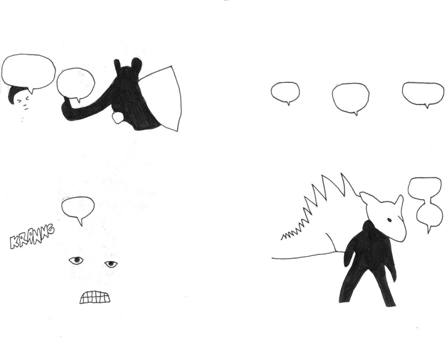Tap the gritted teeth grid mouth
click(x=95, y=297)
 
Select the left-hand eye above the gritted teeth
click(x=76, y=260)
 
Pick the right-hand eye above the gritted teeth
click(x=111, y=264)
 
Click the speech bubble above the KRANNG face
click(x=77, y=209)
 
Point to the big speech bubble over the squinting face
click(x=28, y=72)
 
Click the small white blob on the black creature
click(x=117, y=117)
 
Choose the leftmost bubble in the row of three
click(x=285, y=92)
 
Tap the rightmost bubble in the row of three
click(x=423, y=93)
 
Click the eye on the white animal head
click(x=389, y=220)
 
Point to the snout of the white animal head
click(x=399, y=233)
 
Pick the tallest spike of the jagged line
click(x=342, y=173)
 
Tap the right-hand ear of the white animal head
click(x=399, y=202)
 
